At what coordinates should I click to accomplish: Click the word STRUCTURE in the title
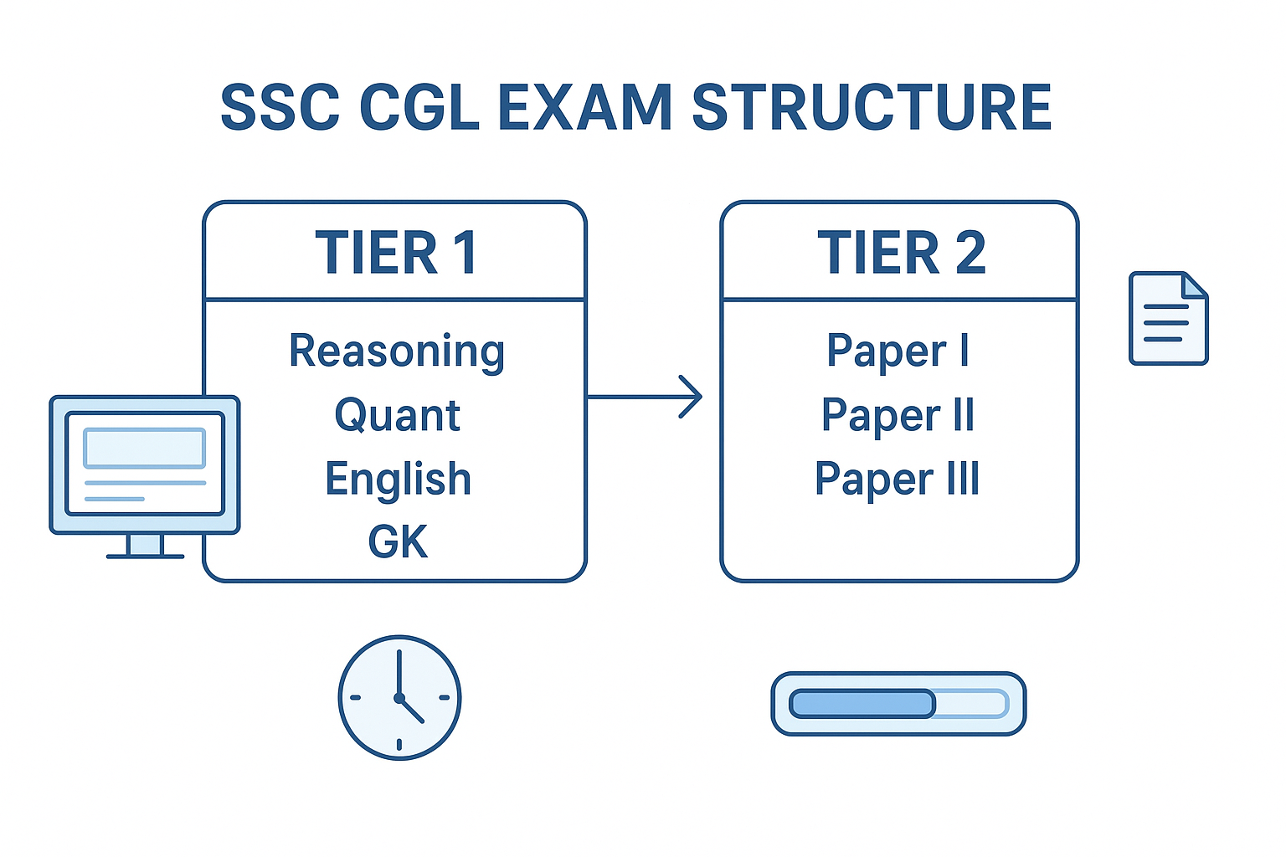click(871, 107)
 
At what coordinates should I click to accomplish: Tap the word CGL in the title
click(419, 107)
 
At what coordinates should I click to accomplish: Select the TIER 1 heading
click(396, 252)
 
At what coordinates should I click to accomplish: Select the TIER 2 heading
click(901, 252)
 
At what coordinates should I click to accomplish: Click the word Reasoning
click(397, 352)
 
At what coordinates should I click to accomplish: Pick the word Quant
click(397, 416)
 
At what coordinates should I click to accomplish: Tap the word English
click(398, 480)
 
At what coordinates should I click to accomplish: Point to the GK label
click(398, 542)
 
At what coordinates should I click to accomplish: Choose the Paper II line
click(898, 416)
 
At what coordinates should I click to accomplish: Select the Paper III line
click(898, 480)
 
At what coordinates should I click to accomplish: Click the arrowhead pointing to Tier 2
click(692, 397)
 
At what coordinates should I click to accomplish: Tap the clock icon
click(399, 697)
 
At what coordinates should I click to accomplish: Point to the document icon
click(1168, 318)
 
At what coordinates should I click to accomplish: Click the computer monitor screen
click(145, 463)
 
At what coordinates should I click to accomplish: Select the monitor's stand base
click(145, 555)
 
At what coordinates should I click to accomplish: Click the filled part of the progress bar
click(862, 704)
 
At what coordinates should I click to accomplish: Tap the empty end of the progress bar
click(971, 704)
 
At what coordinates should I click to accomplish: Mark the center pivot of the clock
click(399, 697)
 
